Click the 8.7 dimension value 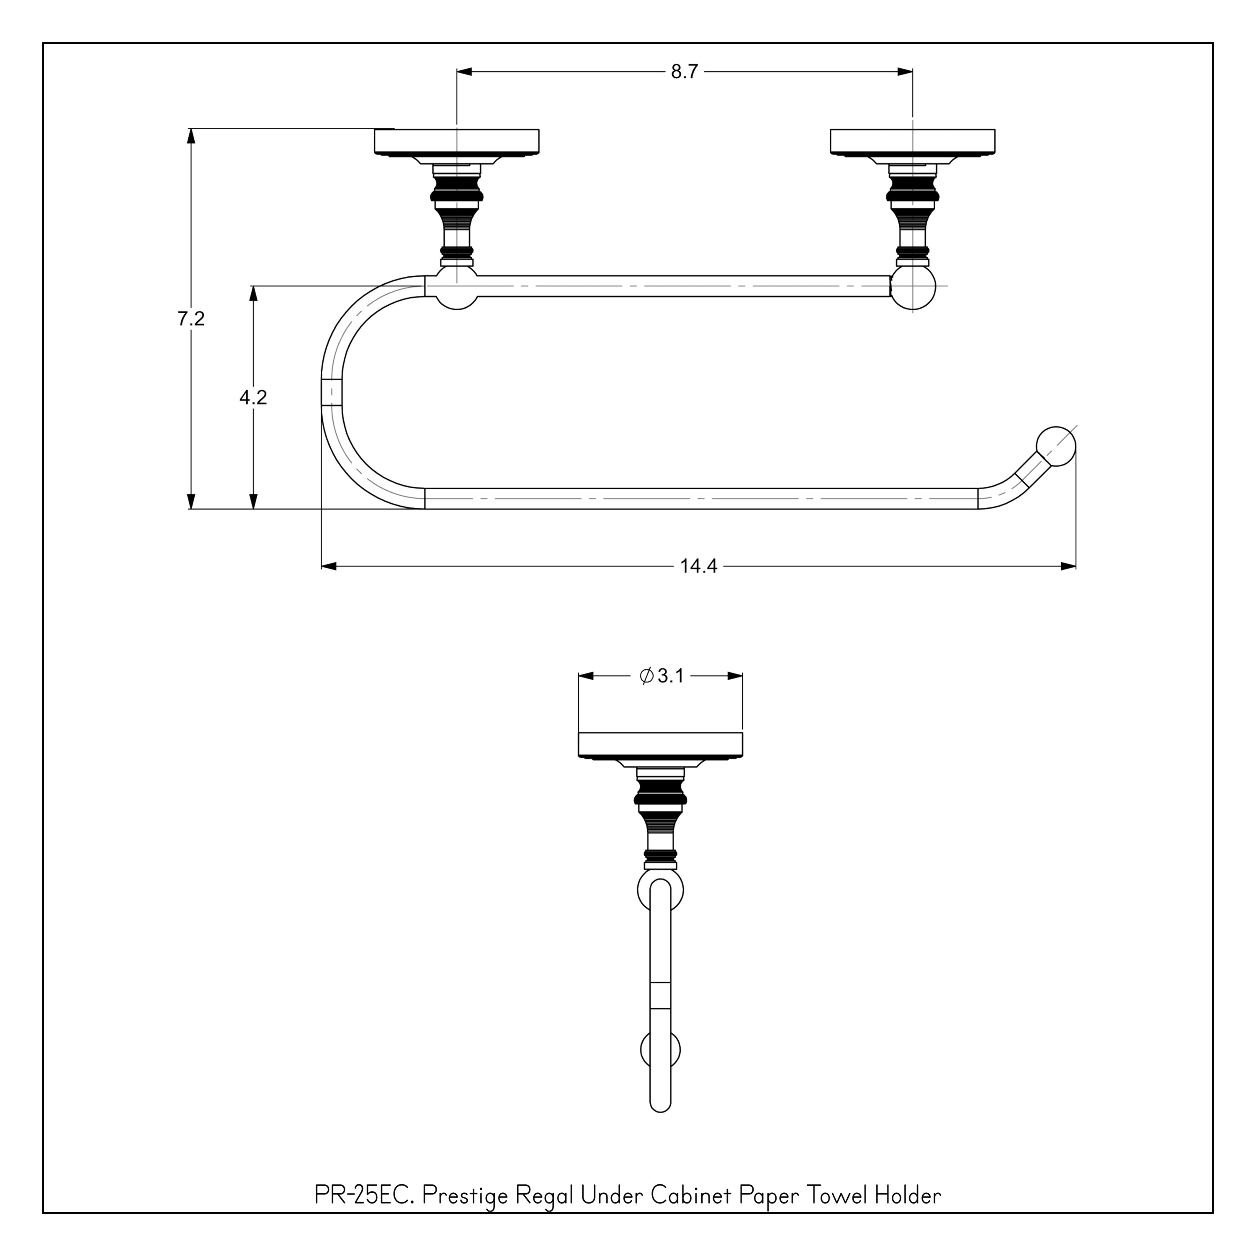pos(684,72)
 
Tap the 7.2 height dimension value pos(191,319)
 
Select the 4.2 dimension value pos(253,397)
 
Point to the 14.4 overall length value pos(698,566)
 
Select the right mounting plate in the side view pos(912,142)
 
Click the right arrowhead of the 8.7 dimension pos(905,72)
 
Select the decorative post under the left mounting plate pos(457,214)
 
